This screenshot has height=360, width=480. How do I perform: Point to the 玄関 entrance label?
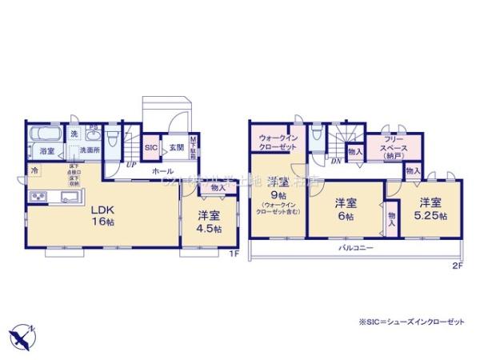pyautogui.click(x=177, y=148)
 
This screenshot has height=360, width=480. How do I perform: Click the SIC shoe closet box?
pyautogui.click(x=150, y=148)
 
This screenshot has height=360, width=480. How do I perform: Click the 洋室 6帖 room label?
pyautogui.click(x=346, y=208)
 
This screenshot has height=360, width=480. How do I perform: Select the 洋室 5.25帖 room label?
pyautogui.click(x=430, y=208)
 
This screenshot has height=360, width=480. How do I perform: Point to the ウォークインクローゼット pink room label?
pyautogui.click(x=274, y=142)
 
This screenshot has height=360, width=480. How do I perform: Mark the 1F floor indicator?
pyautogui.click(x=234, y=254)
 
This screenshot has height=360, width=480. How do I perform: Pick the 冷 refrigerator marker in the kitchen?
pyautogui.click(x=34, y=171)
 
